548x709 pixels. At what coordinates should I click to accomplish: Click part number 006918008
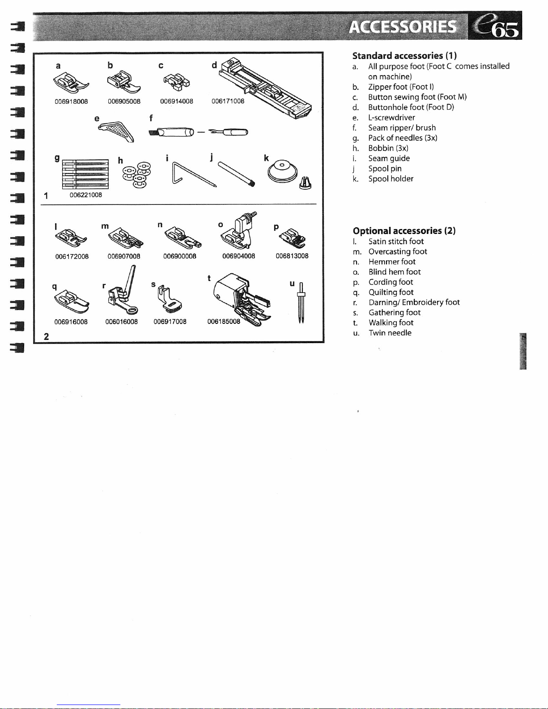(71, 102)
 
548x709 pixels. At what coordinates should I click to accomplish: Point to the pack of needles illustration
(85, 174)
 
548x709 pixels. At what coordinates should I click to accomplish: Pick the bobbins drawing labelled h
(137, 174)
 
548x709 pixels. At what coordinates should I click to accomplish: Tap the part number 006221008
(85, 195)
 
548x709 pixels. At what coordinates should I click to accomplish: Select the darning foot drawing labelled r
(121, 293)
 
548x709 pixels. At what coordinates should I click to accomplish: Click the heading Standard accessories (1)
(404, 56)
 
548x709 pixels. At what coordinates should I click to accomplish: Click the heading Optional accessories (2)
(404, 231)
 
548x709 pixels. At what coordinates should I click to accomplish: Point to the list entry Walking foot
(391, 323)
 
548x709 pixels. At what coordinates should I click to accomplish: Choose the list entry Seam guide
(389, 158)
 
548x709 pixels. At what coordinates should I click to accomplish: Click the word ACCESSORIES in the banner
(403, 27)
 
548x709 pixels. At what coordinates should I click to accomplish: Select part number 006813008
(292, 256)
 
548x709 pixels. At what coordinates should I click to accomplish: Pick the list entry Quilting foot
(391, 292)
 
